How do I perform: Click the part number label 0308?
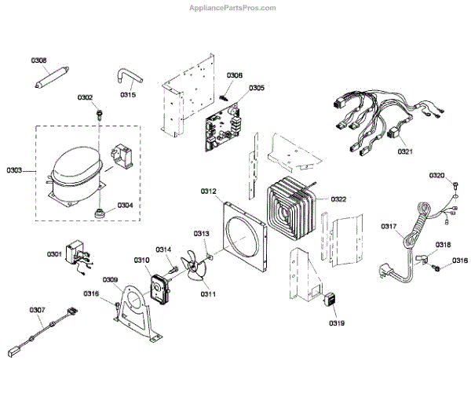coord(38,60)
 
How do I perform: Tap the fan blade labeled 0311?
coord(195,271)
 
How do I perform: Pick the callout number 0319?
coord(337,322)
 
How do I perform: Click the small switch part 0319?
coord(331,301)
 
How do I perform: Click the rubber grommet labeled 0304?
coord(100,213)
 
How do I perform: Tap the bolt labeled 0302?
coord(99,115)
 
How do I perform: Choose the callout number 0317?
coord(389,227)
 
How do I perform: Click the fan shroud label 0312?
coord(208,191)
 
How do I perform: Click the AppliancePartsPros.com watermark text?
coord(233,8)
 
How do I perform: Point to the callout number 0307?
coord(38,310)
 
